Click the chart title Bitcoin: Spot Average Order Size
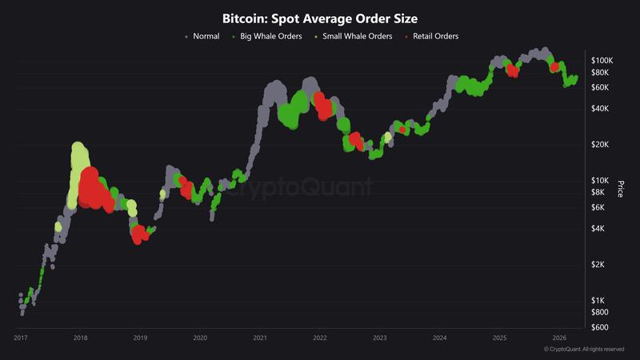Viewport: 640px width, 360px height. click(320, 17)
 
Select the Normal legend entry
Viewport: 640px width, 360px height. click(206, 36)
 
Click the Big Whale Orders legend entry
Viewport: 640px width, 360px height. click(269, 36)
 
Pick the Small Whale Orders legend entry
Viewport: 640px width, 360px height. click(356, 36)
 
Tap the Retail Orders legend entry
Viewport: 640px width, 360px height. click(435, 36)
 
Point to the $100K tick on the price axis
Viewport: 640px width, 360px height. click(602, 61)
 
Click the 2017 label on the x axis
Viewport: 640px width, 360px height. click(21, 338)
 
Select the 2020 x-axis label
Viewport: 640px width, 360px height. click(200, 338)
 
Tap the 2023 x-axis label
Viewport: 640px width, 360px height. click(380, 338)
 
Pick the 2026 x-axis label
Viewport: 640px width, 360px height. click(560, 338)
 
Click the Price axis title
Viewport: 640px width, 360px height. click(620, 190)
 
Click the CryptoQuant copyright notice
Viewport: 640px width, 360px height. click(583, 350)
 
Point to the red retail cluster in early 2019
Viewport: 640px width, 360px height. click(141, 234)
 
